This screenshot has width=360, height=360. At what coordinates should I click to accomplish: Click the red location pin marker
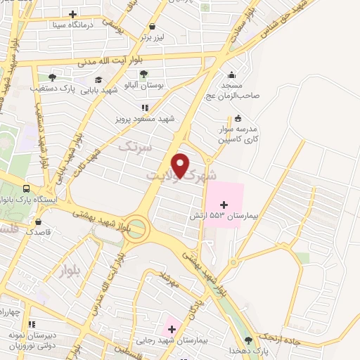point(181,165)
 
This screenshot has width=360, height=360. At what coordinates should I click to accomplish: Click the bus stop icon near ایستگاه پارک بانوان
point(26,189)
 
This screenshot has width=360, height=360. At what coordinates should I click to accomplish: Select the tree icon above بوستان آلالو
point(143,73)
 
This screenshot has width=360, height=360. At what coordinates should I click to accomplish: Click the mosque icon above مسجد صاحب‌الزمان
point(231,75)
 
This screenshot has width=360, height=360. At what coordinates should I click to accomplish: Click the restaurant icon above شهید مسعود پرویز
point(145,108)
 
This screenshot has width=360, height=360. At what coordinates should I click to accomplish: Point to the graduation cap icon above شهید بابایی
point(100,79)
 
